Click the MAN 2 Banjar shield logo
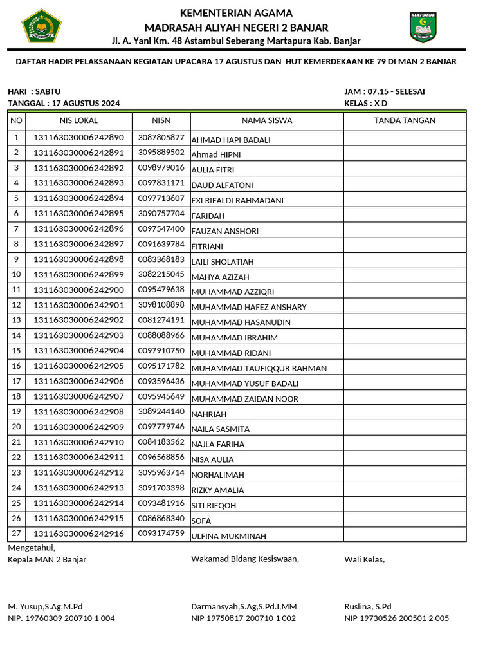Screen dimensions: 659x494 point(423,27)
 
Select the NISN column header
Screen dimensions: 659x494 point(161,120)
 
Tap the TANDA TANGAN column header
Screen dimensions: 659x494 point(405,120)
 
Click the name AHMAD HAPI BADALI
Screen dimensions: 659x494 point(231,140)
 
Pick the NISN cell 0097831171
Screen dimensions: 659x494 point(161,183)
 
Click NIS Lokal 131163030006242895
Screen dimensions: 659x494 point(78,213)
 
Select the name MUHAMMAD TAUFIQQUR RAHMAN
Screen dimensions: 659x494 point(259,369)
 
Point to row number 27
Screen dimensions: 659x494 point(17,533)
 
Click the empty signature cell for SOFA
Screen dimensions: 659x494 point(405,518)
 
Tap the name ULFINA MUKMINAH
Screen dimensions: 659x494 point(229,536)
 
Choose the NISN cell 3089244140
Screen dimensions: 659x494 point(161,411)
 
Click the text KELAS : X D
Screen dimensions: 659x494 point(366,103)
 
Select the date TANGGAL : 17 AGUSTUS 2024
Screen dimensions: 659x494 point(64,103)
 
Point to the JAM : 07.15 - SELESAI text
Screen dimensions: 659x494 point(385,91)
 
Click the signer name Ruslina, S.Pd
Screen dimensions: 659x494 point(368,606)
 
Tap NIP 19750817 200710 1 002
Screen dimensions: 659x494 point(243,618)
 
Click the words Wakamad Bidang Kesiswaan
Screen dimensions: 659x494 point(245,559)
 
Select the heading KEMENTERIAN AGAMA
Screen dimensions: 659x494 point(236,14)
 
